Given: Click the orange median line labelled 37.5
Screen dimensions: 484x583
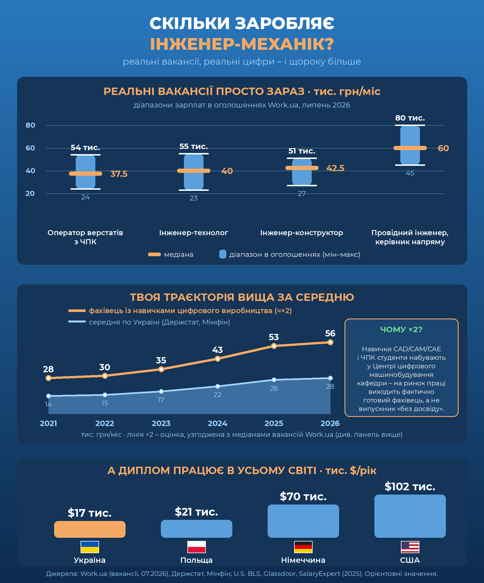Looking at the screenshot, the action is coord(85,174).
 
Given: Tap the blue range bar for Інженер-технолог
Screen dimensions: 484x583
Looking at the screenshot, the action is coord(194,172).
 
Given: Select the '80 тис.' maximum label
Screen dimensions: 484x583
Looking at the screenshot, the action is coord(410,118).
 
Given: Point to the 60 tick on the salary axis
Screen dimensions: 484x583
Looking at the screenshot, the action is coord(30,148).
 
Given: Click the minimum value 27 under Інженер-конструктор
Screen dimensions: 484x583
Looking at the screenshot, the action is coord(302,194).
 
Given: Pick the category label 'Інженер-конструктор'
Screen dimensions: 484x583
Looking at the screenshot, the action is coord(302,233).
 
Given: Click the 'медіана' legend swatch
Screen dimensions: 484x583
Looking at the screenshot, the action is coord(154,255).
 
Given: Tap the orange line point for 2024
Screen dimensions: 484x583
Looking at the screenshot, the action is coord(218,359).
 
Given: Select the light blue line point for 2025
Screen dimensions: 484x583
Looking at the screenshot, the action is coord(274,380).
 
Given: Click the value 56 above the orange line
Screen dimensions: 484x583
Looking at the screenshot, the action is coord(330,333).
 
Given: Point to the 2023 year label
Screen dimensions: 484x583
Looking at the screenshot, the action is coord(161,423).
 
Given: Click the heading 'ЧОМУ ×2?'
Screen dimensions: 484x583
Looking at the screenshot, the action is coord(401,329).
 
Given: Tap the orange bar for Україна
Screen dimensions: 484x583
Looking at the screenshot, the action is coord(90,529).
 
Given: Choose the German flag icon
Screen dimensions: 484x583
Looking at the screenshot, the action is coord(303,547).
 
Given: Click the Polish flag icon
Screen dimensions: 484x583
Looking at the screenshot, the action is coord(196,547).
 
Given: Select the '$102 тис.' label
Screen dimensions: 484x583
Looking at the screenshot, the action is coord(410,487).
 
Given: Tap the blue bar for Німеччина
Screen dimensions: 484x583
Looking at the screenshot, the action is coord(303,521).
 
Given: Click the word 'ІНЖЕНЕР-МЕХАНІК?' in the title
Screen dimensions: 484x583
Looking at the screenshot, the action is coord(242,44).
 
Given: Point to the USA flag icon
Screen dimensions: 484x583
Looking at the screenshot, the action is coord(410,547).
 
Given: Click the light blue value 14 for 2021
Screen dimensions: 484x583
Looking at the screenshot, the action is coord(48,404).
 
